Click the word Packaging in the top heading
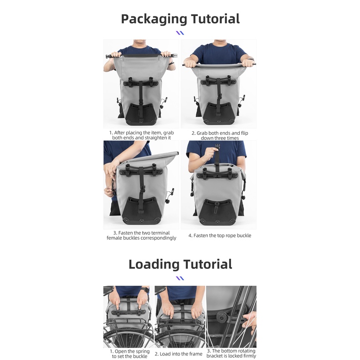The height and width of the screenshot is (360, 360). (154, 19)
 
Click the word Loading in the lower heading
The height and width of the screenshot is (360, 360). (154, 264)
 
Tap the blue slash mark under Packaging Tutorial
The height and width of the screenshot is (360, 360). (180, 33)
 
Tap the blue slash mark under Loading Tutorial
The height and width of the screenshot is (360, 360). (180, 278)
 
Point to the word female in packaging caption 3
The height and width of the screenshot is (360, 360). (114, 238)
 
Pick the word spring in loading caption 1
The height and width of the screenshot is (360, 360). (142, 352)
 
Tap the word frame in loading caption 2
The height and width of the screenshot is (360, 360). (196, 354)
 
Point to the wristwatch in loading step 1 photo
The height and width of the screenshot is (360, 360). (145, 290)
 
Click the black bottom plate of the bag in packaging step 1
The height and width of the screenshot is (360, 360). (139, 114)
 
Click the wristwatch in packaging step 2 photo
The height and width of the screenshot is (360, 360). (251, 59)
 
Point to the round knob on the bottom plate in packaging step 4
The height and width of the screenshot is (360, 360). (216, 203)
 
